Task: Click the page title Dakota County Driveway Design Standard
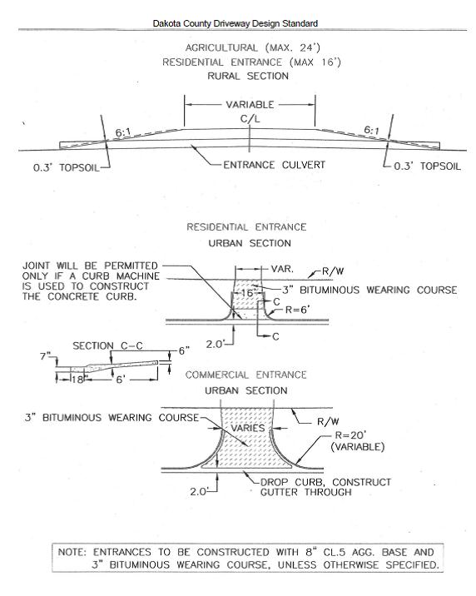pyautogui.click(x=236, y=23)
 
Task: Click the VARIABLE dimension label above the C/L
pyautogui.click(x=250, y=105)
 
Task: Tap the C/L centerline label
pyautogui.click(x=250, y=119)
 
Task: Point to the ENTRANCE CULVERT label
pyautogui.click(x=275, y=165)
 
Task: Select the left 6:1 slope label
pyautogui.click(x=123, y=132)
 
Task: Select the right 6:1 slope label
pyautogui.click(x=371, y=130)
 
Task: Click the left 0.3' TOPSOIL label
pyautogui.click(x=66, y=167)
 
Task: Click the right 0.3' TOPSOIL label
pyautogui.click(x=427, y=166)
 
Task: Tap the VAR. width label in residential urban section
pyautogui.click(x=282, y=269)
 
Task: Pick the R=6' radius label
pyautogui.click(x=297, y=310)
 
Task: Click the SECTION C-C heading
pyautogui.click(x=108, y=346)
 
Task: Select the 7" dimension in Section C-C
pyautogui.click(x=46, y=356)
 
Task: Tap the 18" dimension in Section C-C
pyautogui.click(x=77, y=380)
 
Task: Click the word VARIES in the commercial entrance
pyautogui.click(x=248, y=428)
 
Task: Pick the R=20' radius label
pyautogui.click(x=350, y=435)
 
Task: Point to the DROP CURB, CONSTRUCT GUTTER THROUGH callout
pyautogui.click(x=325, y=487)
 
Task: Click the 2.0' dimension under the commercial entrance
pyautogui.click(x=198, y=491)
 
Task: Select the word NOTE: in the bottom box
pyautogui.click(x=72, y=552)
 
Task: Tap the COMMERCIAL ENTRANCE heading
pyautogui.click(x=245, y=375)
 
